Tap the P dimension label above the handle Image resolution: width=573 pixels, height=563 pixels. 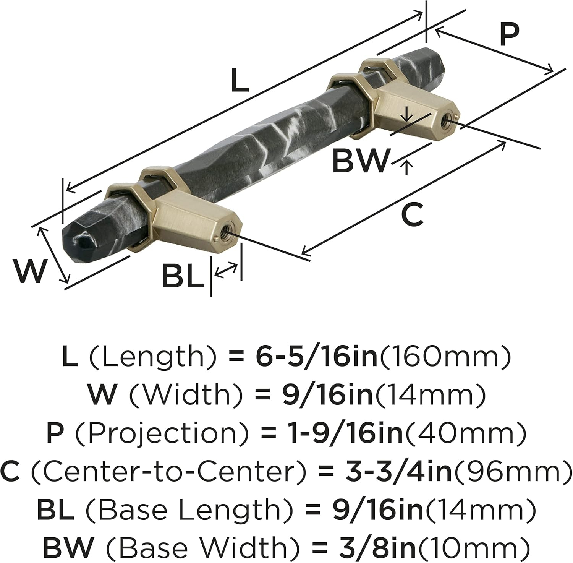coord(510,35)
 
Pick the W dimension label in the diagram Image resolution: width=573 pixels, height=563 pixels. coord(29,271)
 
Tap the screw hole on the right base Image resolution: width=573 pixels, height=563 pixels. coord(445,122)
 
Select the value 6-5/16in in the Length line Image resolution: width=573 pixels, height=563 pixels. coord(315,356)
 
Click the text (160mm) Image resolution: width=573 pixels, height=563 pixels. coord(444,356)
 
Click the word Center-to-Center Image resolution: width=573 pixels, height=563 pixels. coord(168,471)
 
